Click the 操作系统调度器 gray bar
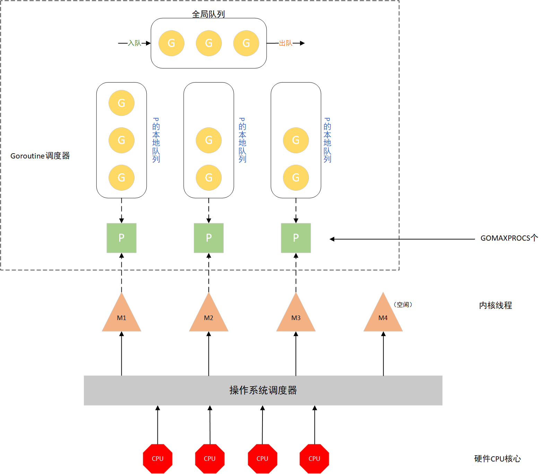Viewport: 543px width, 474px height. click(263, 390)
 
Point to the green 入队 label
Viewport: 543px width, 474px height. click(135, 43)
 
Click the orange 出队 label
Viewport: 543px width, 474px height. click(286, 43)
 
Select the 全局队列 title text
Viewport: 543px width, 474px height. click(208, 14)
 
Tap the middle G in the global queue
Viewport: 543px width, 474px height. click(209, 43)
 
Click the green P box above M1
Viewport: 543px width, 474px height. click(121, 238)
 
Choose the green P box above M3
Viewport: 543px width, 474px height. click(296, 238)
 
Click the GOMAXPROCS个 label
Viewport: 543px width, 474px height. click(509, 238)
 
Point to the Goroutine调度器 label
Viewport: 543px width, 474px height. click(40, 156)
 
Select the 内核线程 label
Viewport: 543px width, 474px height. click(495, 305)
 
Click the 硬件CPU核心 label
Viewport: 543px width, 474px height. click(497, 458)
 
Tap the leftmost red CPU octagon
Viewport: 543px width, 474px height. click(157, 458)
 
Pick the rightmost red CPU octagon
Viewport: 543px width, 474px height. click(314, 458)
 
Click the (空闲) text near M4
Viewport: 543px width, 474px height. click(403, 304)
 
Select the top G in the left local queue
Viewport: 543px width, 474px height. click(121, 103)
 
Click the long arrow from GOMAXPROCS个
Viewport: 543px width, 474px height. click(402, 239)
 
